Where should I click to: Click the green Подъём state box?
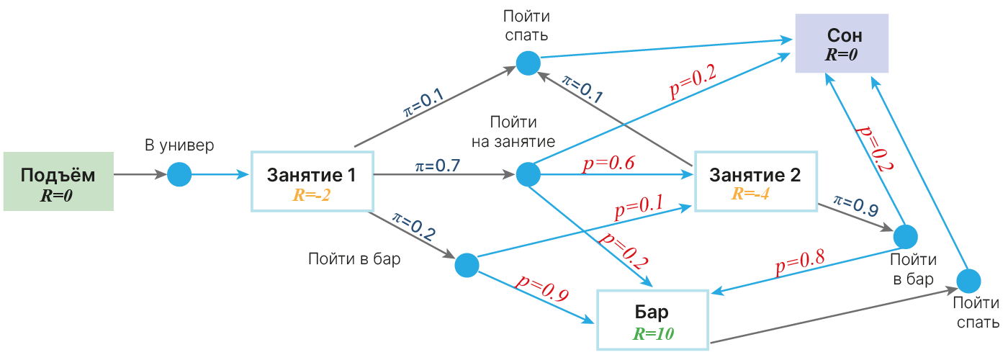58,181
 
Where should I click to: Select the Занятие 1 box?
312,181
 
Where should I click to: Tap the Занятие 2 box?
756,181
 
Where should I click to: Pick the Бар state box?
653,320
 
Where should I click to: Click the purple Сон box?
842,43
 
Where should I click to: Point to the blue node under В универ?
179,174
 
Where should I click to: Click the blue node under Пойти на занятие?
528,174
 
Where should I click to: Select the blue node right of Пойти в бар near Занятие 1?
467,265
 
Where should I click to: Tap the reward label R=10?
654,333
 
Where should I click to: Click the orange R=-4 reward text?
750,194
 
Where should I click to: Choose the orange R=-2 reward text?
311,195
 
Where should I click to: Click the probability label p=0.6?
608,163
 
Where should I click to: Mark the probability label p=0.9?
542,288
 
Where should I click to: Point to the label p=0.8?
800,262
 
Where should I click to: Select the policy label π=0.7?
438,166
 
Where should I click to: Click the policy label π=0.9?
856,206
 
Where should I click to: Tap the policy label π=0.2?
413,226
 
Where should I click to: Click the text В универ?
179,145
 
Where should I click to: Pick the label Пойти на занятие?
513,132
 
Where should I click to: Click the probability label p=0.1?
639,207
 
